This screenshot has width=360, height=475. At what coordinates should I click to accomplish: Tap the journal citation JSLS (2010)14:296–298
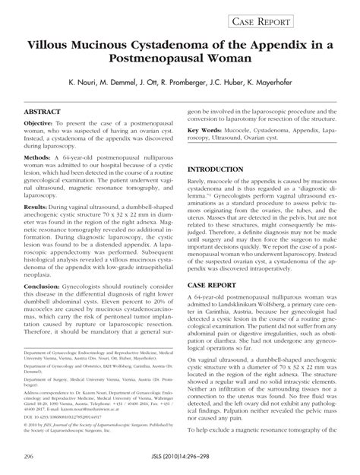pyautogui.click(x=177, y=458)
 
